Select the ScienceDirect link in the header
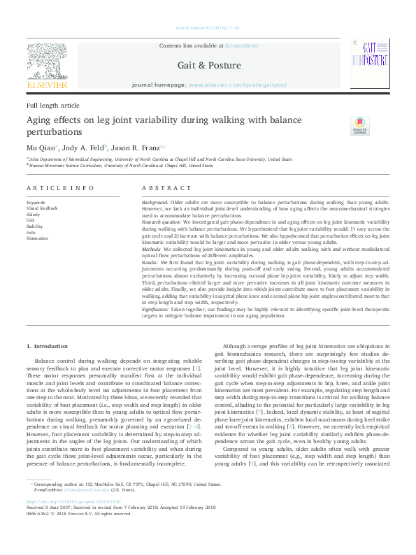[x=241, y=45]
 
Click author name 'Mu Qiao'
[x=37, y=148]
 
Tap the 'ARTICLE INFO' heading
[x=59, y=189]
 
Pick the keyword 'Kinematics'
[x=37, y=238]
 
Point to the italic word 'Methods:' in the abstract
[x=152, y=250]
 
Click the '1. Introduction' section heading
[x=47, y=346]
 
